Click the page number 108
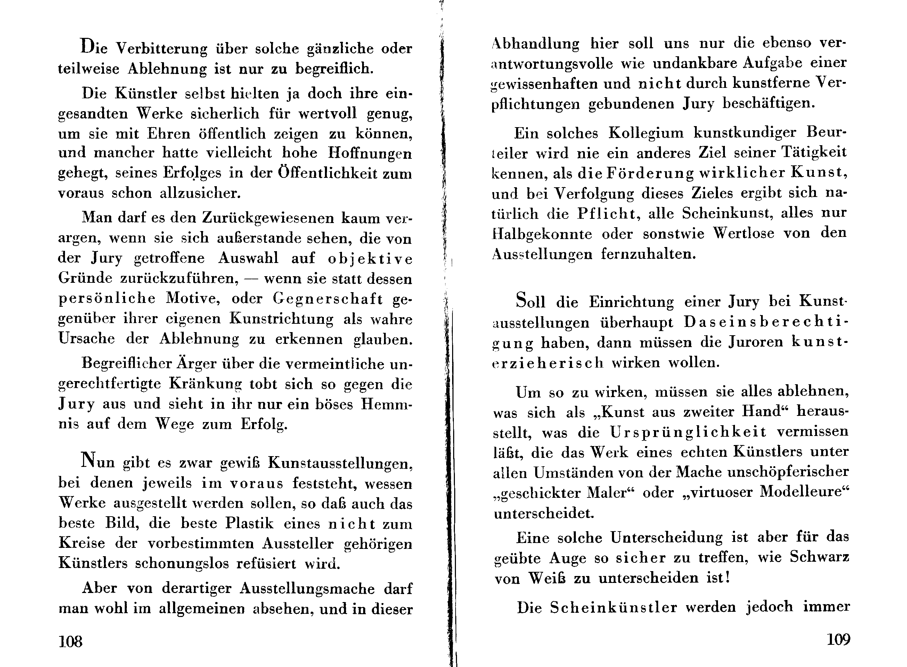pos(70,641)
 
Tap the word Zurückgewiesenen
pos(268,218)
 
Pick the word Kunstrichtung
pos(281,319)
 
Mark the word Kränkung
pos(205,384)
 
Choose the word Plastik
pos(249,523)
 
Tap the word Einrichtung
pos(631,302)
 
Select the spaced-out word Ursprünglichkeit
pos(688,433)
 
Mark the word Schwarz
pos(819,557)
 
